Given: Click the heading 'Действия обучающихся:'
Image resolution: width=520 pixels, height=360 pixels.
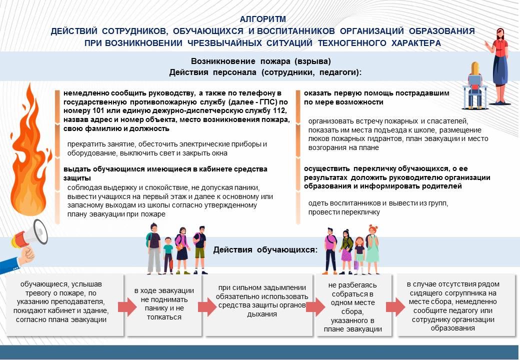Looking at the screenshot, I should coord(265,249).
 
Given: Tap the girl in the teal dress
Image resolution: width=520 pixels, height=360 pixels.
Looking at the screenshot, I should coord(372,249).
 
